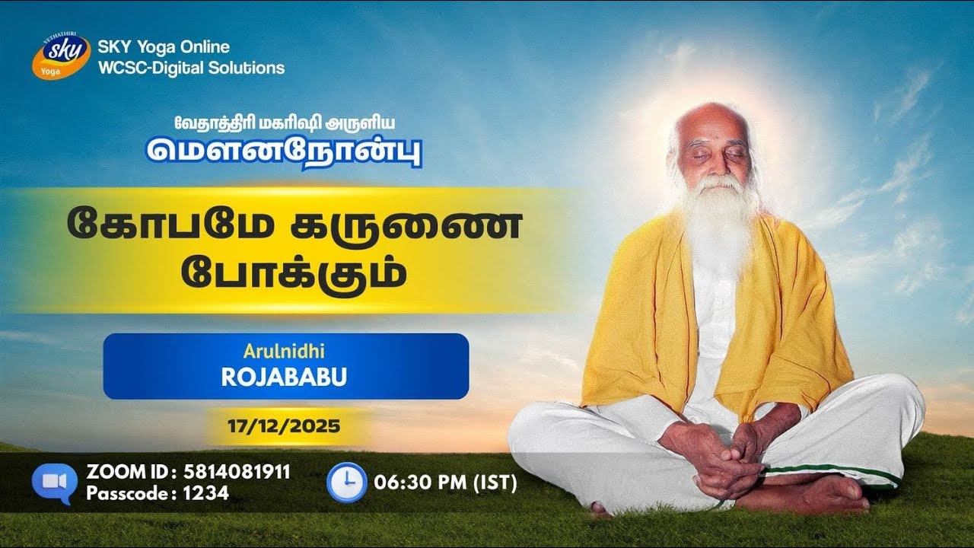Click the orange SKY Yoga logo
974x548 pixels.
click(61, 56)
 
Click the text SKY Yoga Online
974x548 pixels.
click(164, 48)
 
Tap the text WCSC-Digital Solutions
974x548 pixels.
click(191, 68)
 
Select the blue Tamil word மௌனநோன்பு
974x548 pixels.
click(284, 150)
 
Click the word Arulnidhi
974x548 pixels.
click(285, 352)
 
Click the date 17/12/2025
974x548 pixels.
click(284, 426)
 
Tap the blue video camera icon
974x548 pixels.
click(54, 483)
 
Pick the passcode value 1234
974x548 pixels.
click(205, 493)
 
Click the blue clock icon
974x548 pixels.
click(346, 483)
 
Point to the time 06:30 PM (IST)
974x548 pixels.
click(445, 483)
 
